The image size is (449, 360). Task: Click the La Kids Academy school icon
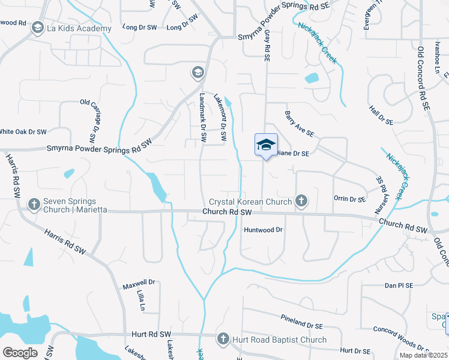[38, 28]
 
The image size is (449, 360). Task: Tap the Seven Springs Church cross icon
[34, 205]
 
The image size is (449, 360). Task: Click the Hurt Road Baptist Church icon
[223, 340]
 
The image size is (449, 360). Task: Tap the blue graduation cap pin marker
[266, 145]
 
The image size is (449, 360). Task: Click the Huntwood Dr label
[262, 230]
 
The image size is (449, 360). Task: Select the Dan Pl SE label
[399, 286]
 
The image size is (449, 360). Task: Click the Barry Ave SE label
[299, 124]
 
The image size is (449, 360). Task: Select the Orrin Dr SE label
[349, 199]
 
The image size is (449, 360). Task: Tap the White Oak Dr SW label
[23, 131]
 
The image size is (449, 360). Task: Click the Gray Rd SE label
[267, 45]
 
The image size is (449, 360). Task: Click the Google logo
[20, 352]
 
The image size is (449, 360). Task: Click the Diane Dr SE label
[292, 154]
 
